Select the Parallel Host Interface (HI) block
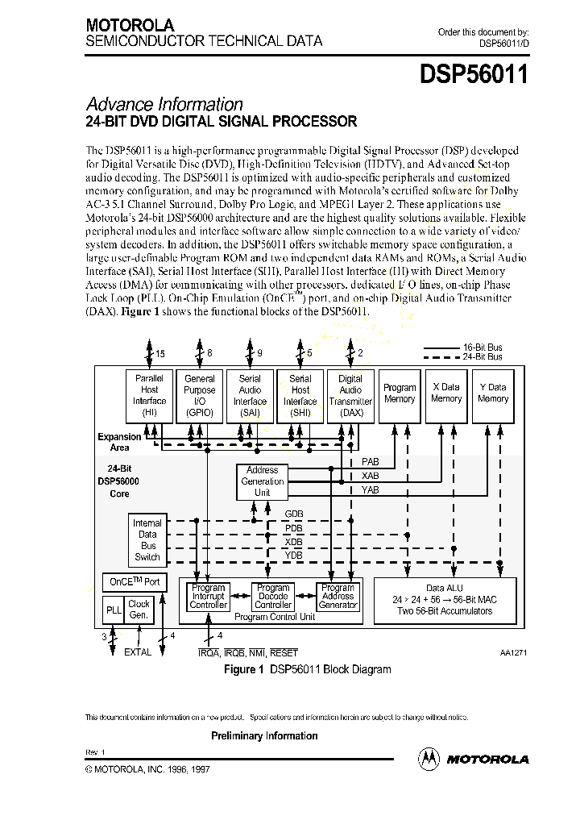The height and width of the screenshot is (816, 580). point(149,395)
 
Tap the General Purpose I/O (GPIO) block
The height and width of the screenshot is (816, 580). point(200,395)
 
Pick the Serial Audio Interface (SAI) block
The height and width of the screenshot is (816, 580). point(250,395)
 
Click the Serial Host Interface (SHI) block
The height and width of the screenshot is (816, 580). point(300,395)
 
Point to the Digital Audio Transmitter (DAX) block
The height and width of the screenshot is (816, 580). point(350,395)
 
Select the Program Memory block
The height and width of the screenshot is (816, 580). point(400,395)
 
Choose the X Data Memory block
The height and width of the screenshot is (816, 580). point(446,395)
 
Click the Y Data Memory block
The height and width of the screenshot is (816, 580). point(493,395)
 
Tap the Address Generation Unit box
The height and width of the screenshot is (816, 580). point(262,481)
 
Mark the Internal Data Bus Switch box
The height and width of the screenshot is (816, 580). point(147,539)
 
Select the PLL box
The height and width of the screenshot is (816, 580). point(114,610)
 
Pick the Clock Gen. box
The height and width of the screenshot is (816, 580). point(139,610)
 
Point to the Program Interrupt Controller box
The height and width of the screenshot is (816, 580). point(208,597)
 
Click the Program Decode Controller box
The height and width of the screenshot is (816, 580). point(272,597)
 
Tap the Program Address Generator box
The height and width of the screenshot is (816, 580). point(338,597)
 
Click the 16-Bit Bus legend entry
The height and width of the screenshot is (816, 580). point(462,348)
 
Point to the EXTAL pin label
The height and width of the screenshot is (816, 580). point(137,652)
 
